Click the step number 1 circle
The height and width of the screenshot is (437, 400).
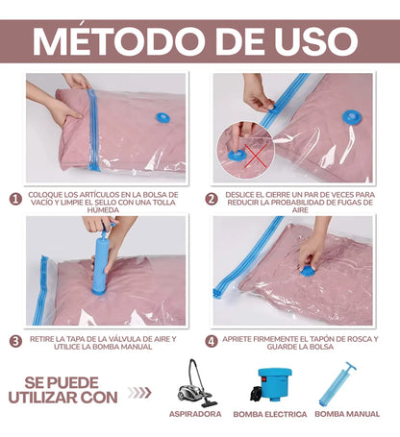point(14,200)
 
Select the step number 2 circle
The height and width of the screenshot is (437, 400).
point(211,200)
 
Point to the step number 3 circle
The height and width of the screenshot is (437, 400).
point(14,340)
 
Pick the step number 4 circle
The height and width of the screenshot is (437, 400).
point(211,340)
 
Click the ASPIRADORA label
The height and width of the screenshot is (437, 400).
point(195,414)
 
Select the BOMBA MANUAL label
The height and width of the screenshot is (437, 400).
point(346,414)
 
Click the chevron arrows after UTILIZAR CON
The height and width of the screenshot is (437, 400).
point(139,392)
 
